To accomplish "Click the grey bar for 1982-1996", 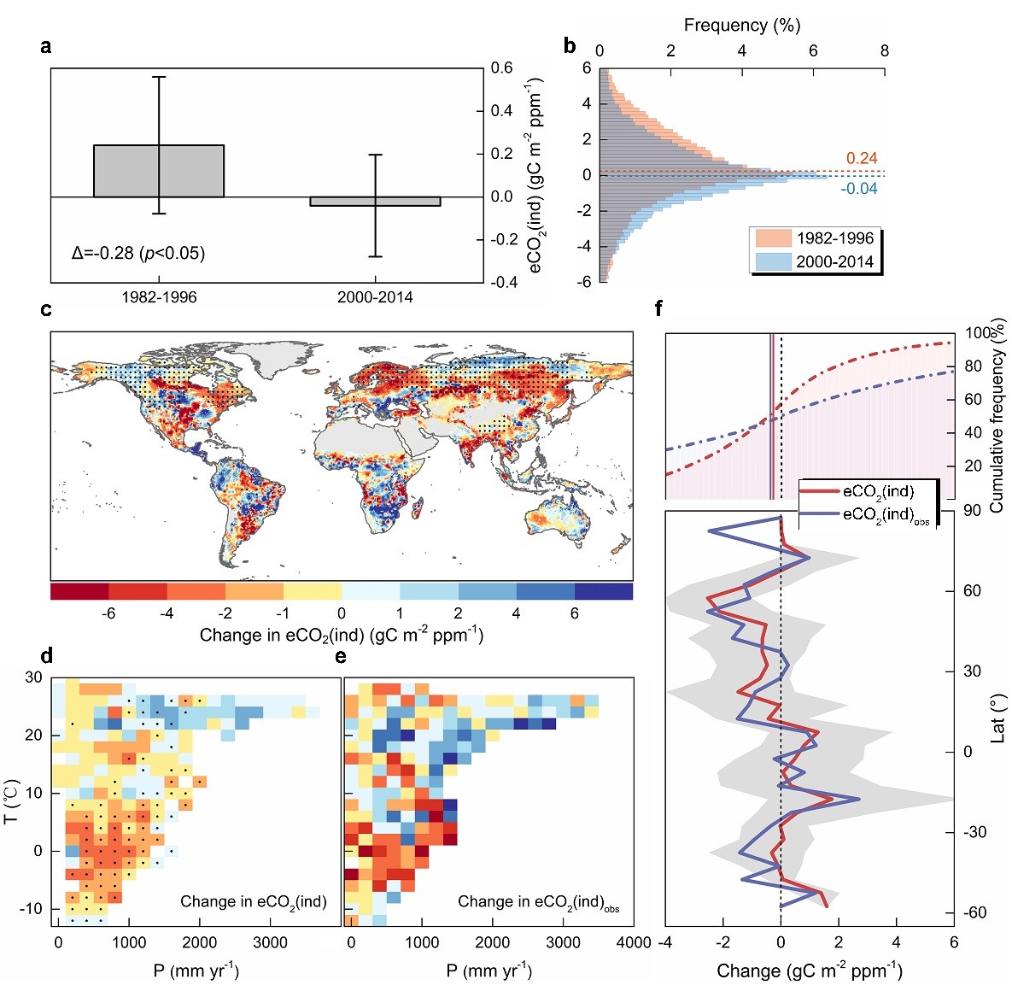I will [x=159, y=171].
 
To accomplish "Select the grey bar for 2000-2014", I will [x=375, y=202].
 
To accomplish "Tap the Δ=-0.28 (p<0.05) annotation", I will [x=138, y=253].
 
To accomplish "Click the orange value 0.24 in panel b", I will [x=861, y=158].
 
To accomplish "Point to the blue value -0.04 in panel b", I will [x=858, y=188].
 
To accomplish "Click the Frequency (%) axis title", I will [x=741, y=25].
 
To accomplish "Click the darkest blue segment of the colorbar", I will [x=603, y=591].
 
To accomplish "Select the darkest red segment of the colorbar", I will [x=79, y=591].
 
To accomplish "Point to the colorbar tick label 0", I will [x=342, y=613].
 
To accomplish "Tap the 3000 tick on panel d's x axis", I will [x=270, y=942].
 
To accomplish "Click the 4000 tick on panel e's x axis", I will [x=634, y=942].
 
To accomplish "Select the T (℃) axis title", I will [x=12, y=800].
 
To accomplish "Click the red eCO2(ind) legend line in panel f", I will [x=820, y=492].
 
